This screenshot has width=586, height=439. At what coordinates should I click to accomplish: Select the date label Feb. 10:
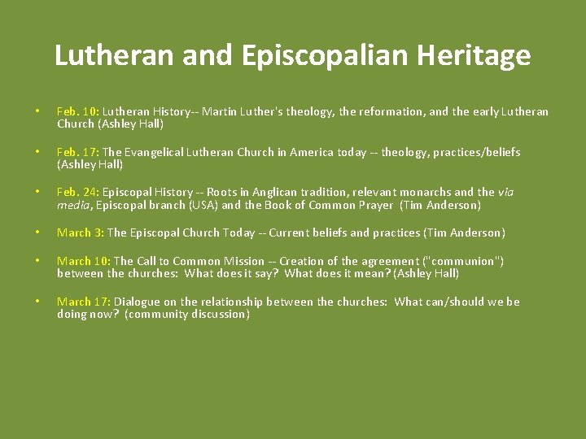(78, 111)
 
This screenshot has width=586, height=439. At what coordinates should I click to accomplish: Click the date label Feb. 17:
(78, 152)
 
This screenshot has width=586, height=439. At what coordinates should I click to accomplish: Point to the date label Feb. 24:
(78, 193)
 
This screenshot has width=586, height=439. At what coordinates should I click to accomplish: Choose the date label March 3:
(81, 233)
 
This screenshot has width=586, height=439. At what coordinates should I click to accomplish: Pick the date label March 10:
(84, 261)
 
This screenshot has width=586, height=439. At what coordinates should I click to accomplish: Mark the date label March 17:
(84, 302)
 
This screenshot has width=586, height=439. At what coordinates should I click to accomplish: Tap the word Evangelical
(155, 152)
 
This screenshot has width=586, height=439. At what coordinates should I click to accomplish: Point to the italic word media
(73, 205)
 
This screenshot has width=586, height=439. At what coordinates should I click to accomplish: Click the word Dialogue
(137, 302)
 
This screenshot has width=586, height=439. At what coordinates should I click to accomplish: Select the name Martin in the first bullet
(219, 111)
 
